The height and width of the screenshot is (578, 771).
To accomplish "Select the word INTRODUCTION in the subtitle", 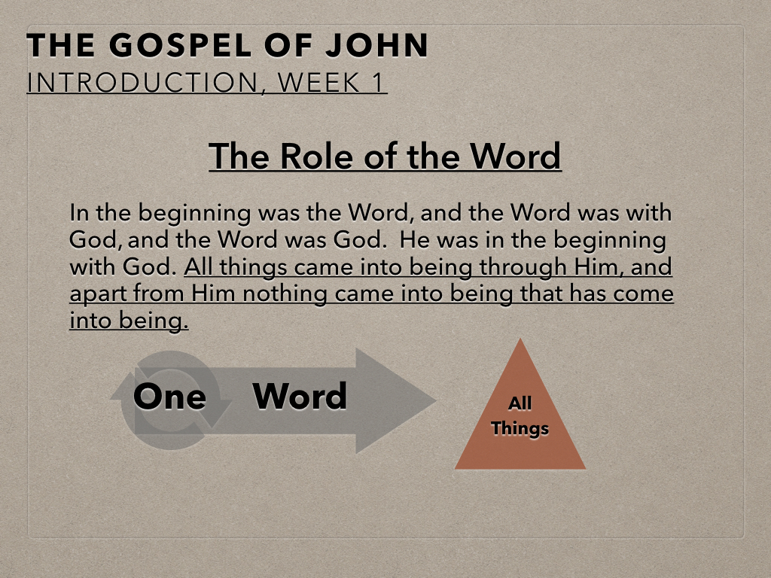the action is pos(142,82).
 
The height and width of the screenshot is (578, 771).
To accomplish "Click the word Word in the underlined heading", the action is pos(515,156).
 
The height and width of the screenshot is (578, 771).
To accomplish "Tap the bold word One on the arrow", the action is pos(169,396).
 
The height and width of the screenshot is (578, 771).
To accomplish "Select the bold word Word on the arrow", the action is pos(300,396).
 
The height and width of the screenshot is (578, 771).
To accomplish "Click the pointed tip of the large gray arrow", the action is pos(436,401).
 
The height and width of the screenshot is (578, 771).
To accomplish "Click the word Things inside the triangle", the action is pos(520,428).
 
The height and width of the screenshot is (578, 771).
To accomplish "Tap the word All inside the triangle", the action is pos(520,403).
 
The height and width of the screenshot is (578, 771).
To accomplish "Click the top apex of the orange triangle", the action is pos(520,339).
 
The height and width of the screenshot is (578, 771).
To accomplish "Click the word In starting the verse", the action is pos(79,213).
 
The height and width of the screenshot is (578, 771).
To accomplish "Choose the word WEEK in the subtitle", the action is pos(318,82).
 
